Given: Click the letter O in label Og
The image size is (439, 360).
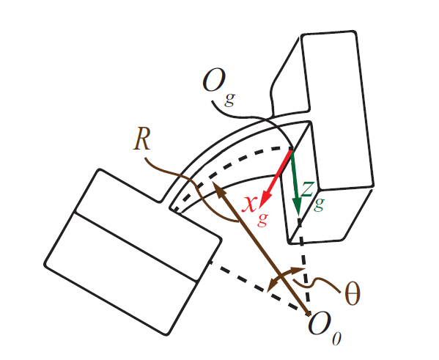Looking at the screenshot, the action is pos(214,80).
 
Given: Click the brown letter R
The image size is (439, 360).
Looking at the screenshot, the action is pos(141,139).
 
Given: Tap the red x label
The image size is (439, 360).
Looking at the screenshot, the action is pos(249,204).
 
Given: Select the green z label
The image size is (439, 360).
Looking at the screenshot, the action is pos(307,189).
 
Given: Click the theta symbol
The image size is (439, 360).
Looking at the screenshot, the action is pos(353,293).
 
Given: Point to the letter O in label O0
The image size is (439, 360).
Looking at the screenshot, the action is pos(320,323).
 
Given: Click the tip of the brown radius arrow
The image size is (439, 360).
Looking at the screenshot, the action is pos(213,182).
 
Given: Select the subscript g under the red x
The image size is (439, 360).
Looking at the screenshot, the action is pos(262,220).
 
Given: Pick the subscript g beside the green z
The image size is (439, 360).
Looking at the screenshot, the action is pos(319,205).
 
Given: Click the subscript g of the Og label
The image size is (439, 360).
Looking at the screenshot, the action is pos(229,100).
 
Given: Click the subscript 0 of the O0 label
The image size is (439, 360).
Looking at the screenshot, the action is pos(337,338).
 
